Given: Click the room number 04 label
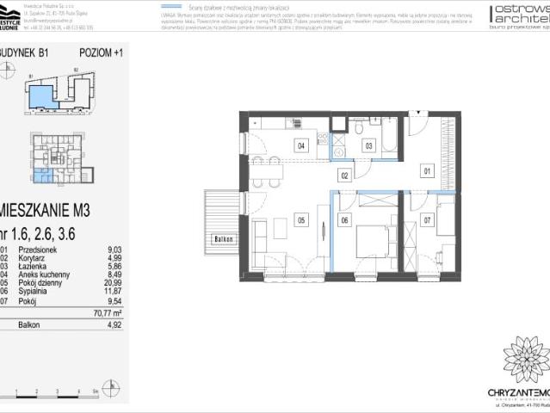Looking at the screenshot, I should [301, 145].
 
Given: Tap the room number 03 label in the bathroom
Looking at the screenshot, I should [368, 145].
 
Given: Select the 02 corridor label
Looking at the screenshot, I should [343, 176].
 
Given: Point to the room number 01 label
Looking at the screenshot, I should [426, 171].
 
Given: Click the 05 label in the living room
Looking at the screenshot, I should [301, 219].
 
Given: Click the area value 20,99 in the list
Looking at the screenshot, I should [109, 284].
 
